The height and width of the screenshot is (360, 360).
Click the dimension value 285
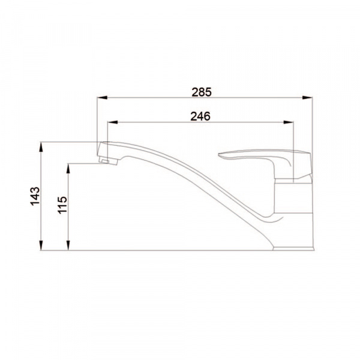(202, 92)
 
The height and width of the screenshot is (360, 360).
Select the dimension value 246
(200, 116)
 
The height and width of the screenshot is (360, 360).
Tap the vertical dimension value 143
(35, 196)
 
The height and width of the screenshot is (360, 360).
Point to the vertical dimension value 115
(62, 205)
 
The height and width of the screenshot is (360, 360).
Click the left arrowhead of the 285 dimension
(102, 98)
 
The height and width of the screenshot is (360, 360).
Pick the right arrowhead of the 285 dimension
(307, 98)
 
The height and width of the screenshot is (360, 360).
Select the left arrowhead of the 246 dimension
(113, 122)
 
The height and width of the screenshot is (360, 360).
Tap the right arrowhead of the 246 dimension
(289, 122)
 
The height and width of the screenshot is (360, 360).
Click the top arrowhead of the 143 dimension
(41, 147)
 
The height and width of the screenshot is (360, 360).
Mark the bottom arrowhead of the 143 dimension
(41, 245)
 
